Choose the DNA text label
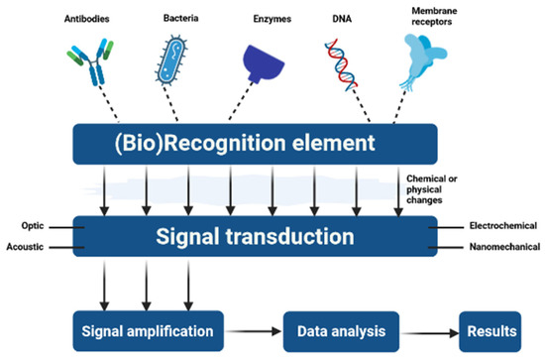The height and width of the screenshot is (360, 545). [342, 20]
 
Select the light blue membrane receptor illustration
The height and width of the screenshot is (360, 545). [425, 65]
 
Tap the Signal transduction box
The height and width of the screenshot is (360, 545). [255, 236]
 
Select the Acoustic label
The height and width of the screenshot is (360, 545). [28, 248]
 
